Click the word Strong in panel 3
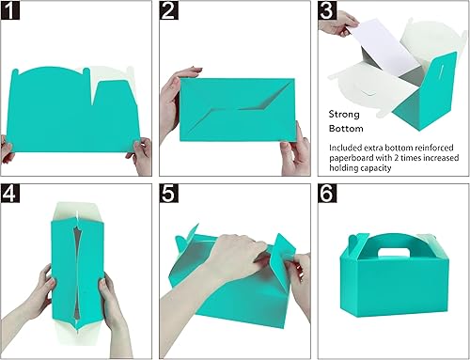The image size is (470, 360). [345, 110]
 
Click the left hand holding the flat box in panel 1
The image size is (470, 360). [8, 148]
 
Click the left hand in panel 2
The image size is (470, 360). [178, 96]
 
